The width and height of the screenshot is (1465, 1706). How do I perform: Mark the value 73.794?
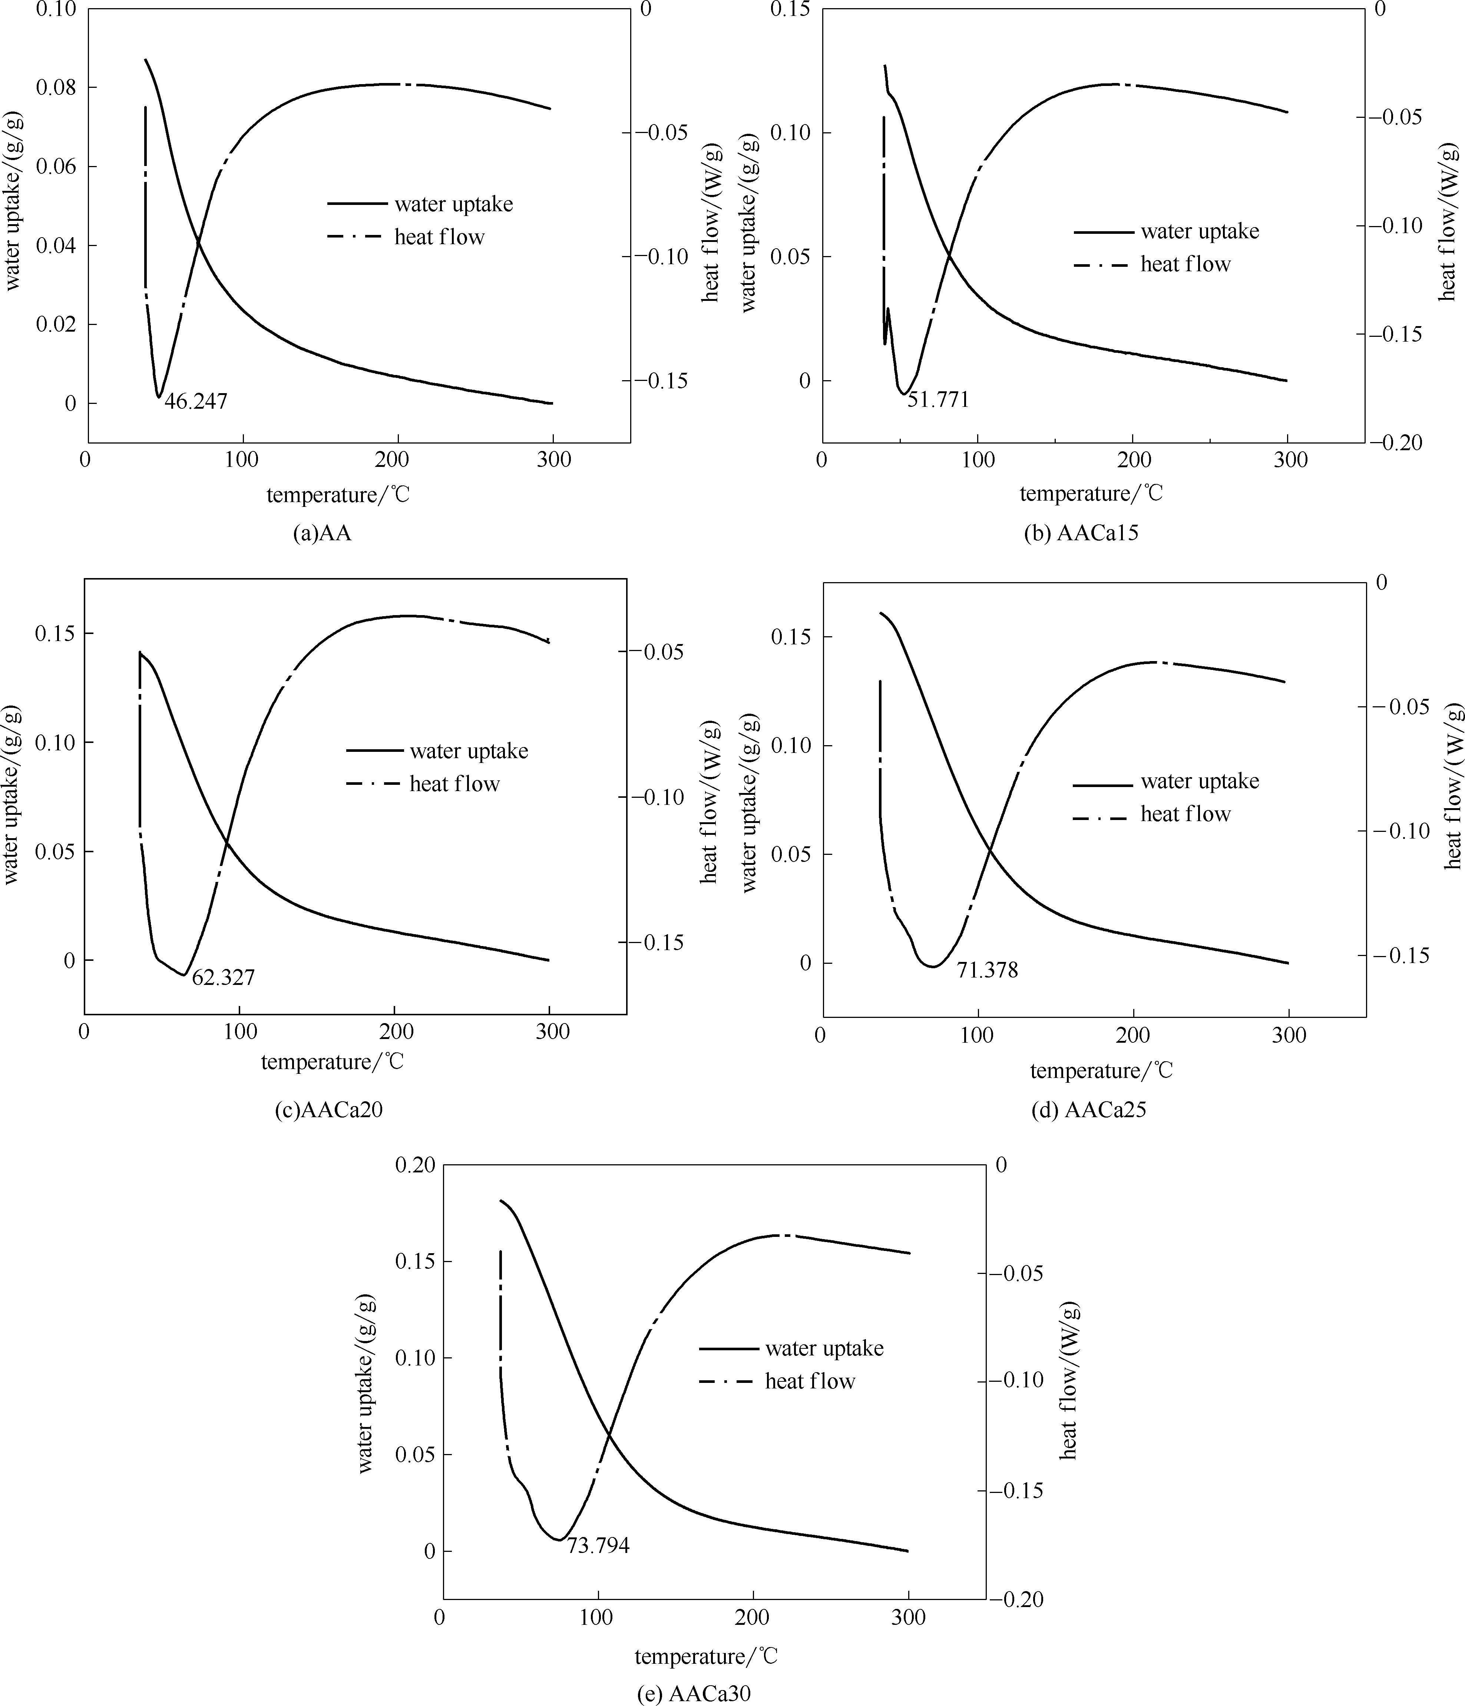[x=598, y=1546]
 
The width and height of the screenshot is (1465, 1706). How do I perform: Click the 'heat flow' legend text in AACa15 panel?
[x=1185, y=264]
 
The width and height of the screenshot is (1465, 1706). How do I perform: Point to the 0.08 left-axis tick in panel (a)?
[x=54, y=87]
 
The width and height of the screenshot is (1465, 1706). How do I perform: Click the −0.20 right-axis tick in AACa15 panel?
[x=1395, y=443]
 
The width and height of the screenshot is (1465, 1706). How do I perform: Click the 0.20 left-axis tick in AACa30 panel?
[x=414, y=1166]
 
